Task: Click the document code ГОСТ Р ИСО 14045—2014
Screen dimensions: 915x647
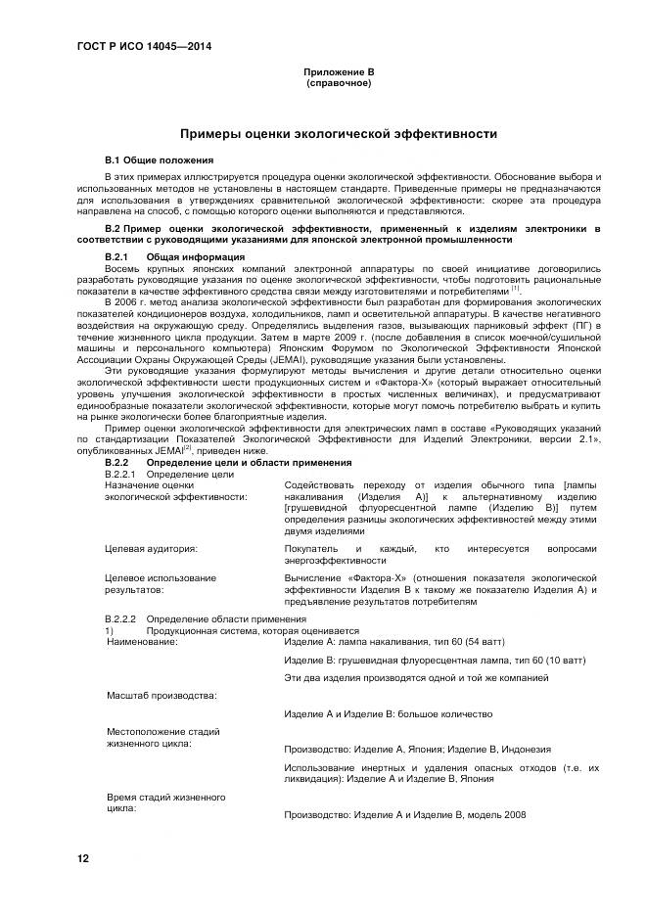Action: [x=145, y=46]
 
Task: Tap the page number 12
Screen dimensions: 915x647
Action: [x=83, y=858]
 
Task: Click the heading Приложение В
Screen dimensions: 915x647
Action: [x=338, y=72]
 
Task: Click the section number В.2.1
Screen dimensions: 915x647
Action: [x=117, y=255]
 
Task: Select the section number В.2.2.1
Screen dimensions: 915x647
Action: [x=121, y=474]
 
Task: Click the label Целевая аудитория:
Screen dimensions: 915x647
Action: [x=152, y=549]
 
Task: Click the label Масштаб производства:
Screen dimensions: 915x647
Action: [x=162, y=695]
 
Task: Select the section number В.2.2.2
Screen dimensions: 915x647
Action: [x=121, y=620]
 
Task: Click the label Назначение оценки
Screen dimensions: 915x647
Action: [x=149, y=484]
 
